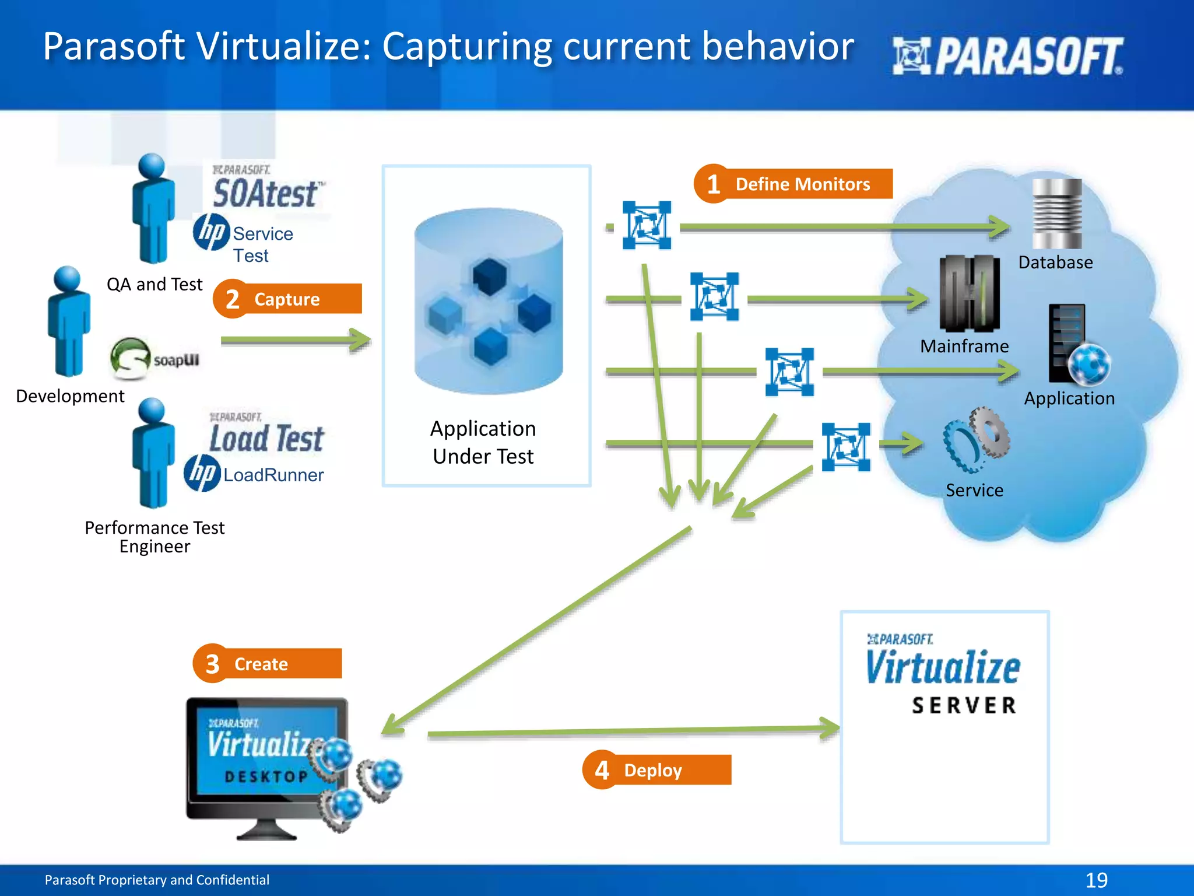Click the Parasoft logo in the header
(1007, 56)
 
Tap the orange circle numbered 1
(713, 184)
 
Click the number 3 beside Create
(212, 664)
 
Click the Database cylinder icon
(1056, 213)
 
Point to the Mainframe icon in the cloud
(969, 293)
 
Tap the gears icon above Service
(977, 439)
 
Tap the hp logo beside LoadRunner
(202, 473)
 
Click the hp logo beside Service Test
(211, 232)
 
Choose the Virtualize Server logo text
(943, 677)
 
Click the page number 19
(1096, 880)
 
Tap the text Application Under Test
(483, 442)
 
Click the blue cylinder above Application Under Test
(489, 300)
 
